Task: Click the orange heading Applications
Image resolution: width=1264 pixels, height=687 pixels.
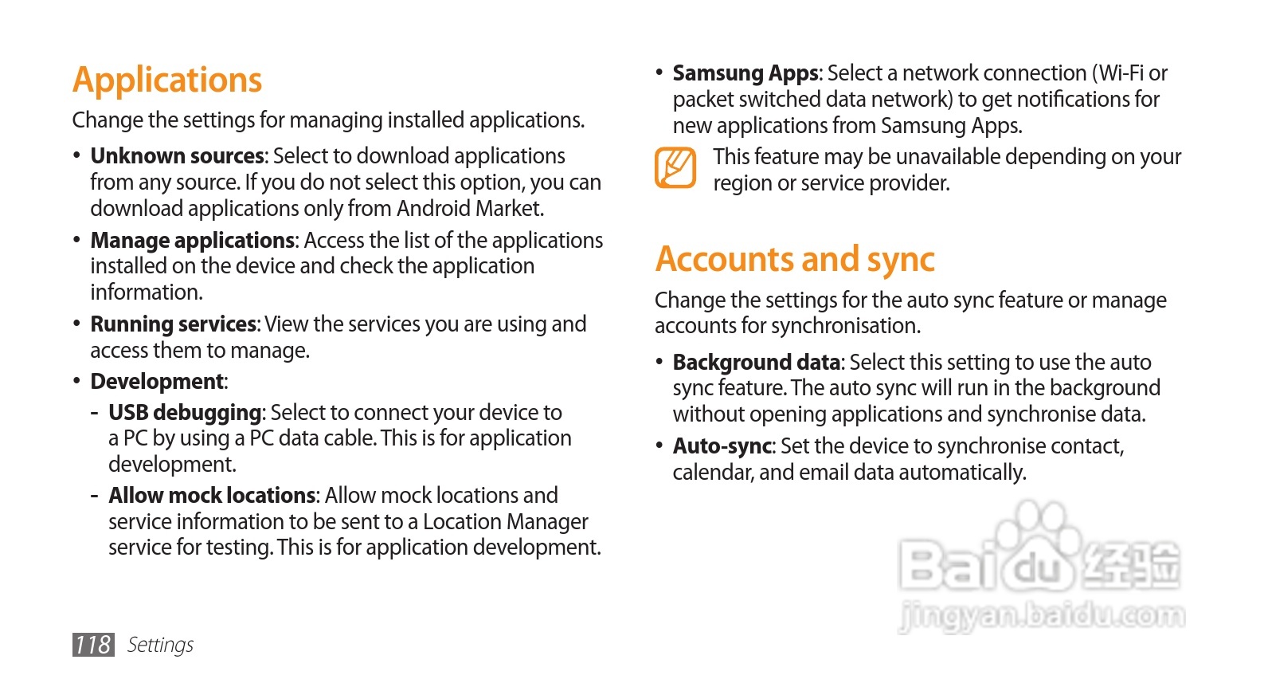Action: click(167, 80)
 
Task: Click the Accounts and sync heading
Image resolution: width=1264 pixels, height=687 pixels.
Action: click(794, 260)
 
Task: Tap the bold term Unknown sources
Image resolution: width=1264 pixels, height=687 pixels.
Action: click(177, 156)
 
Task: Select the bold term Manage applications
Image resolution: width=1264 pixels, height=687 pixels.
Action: click(193, 241)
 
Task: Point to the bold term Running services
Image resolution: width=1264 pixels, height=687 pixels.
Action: click(174, 324)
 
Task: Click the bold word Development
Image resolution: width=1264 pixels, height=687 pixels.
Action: click(158, 382)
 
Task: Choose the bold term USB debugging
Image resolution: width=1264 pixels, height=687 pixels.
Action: click(186, 413)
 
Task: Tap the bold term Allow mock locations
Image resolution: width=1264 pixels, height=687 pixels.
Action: click(213, 496)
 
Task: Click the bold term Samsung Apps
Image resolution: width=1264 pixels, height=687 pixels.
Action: click(745, 73)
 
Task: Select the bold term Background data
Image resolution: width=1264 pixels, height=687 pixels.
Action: click(757, 363)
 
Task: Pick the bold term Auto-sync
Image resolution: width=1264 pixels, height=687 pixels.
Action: click(722, 446)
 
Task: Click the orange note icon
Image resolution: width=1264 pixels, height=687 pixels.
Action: click(675, 168)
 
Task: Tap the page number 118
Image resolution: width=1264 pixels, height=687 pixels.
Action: click(93, 645)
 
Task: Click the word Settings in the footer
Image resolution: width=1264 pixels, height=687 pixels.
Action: click(160, 645)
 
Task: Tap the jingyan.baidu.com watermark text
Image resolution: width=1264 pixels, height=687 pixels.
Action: click(1042, 616)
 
